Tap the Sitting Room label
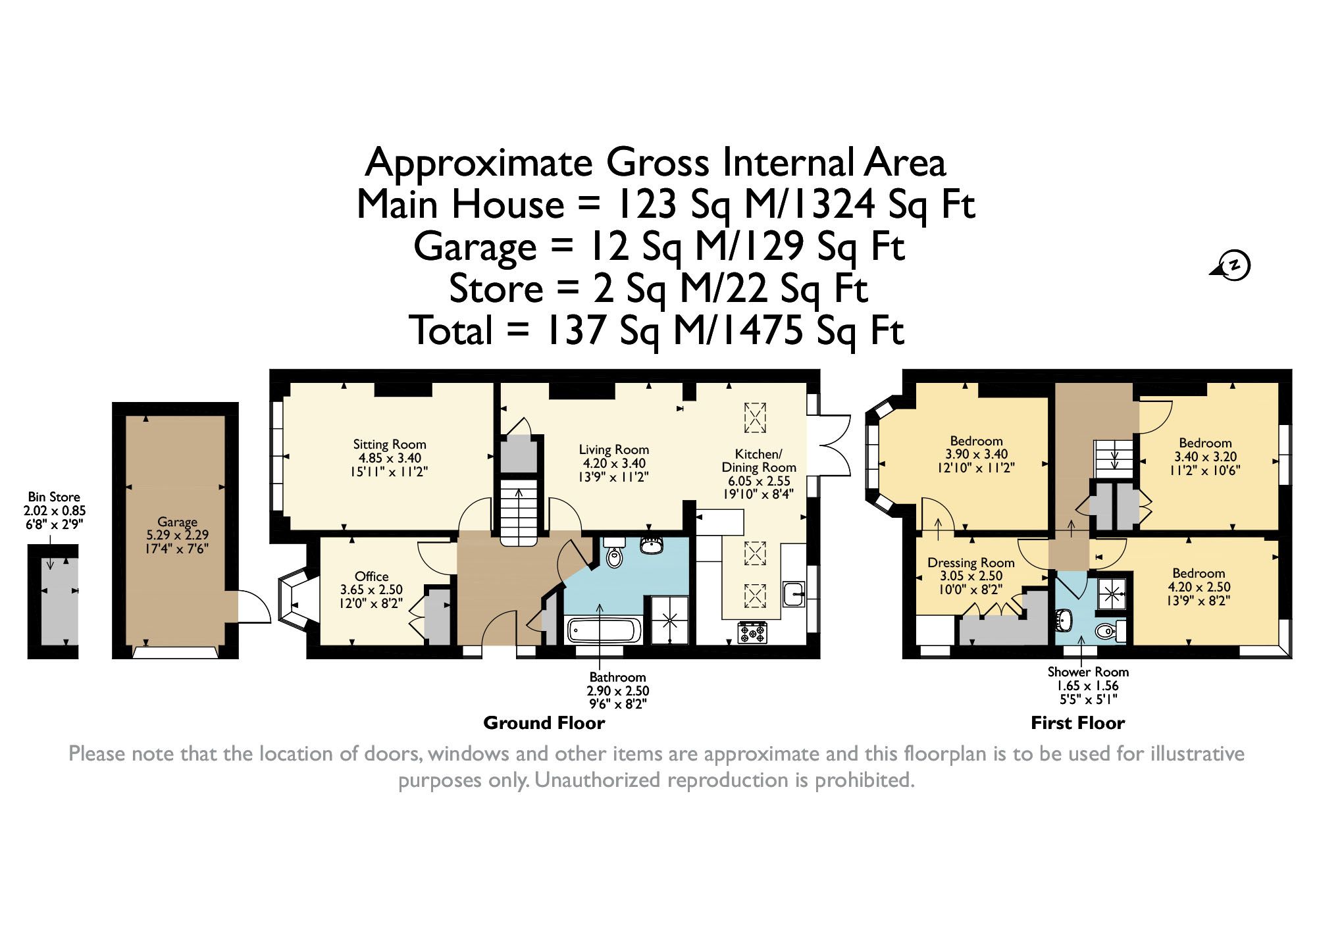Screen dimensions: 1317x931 390,444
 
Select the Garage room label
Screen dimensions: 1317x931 177,522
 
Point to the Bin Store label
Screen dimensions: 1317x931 54,497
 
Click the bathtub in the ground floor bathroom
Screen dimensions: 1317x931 604,630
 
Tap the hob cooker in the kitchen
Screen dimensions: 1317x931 752,632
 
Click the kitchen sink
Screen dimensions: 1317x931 794,593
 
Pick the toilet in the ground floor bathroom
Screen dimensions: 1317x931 615,553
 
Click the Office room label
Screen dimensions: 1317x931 372,576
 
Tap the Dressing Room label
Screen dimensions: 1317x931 971,563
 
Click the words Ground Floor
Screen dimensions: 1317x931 544,723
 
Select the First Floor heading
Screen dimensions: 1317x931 1078,723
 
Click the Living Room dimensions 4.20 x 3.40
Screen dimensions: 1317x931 614,463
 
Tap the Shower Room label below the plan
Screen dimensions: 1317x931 1088,672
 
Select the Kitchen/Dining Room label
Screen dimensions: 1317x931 759,461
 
